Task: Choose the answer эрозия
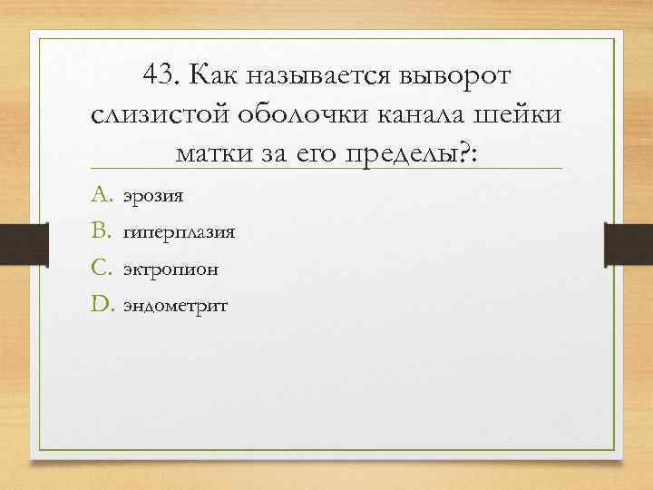(153, 195)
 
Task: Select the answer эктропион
(171, 269)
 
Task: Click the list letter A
(101, 193)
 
